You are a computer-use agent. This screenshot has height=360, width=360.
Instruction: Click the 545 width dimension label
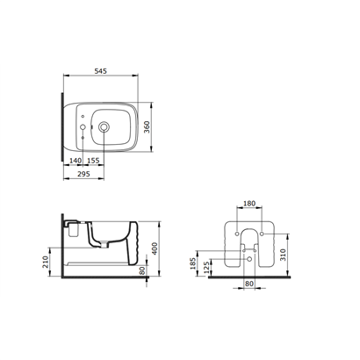(101, 71)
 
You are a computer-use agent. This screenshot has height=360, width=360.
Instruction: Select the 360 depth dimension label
(147, 127)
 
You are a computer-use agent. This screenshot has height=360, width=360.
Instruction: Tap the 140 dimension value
(76, 161)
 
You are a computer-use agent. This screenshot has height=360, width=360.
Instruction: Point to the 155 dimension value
(93, 161)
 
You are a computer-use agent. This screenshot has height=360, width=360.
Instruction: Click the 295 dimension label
(83, 174)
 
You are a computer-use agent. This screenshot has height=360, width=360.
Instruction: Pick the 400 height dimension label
(155, 248)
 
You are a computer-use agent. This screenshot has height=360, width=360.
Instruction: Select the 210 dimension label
(46, 262)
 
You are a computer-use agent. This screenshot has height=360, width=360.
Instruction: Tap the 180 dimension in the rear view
(249, 203)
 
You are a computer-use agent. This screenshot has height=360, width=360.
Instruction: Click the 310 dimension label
(283, 255)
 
